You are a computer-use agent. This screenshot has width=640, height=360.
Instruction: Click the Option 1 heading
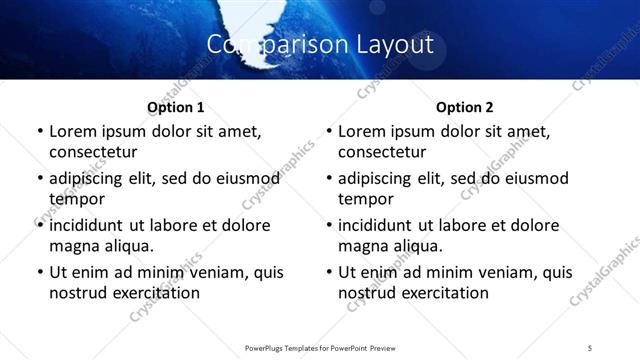click(x=175, y=106)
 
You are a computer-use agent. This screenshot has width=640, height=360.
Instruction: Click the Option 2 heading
click(x=464, y=106)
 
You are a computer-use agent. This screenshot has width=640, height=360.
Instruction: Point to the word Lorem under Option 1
click(x=73, y=131)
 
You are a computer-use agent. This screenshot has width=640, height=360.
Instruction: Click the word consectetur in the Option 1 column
click(x=93, y=152)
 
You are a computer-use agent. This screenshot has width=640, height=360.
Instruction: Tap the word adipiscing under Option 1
click(x=91, y=179)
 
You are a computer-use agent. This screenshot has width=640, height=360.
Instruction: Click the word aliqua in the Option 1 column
click(x=127, y=246)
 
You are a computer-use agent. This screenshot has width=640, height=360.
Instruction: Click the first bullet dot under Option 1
click(x=39, y=132)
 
